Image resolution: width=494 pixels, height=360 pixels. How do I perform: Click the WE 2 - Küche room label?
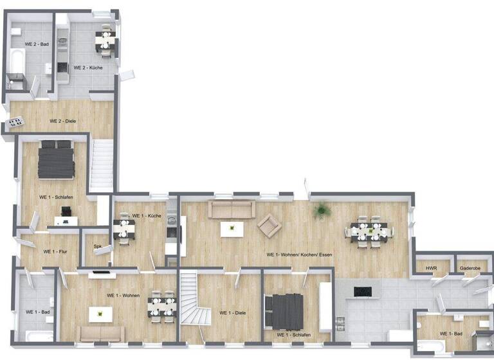point(88,67)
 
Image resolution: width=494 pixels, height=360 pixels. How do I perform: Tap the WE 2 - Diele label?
point(64,120)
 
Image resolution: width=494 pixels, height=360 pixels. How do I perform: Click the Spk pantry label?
point(98,246)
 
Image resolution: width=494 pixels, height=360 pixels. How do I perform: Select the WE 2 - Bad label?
point(37,44)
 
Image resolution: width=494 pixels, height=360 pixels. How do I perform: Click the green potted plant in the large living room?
point(320,210)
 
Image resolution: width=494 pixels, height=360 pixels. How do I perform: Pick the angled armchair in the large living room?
point(269,224)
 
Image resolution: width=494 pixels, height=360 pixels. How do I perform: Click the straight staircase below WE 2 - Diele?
point(101,165)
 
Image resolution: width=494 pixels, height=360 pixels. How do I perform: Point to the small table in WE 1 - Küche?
point(124,230)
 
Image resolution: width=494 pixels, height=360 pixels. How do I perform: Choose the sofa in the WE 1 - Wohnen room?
point(100,333)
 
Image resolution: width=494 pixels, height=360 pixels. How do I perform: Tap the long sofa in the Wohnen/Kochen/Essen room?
point(231,209)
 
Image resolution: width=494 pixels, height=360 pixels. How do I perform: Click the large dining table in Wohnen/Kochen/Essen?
point(369,231)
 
